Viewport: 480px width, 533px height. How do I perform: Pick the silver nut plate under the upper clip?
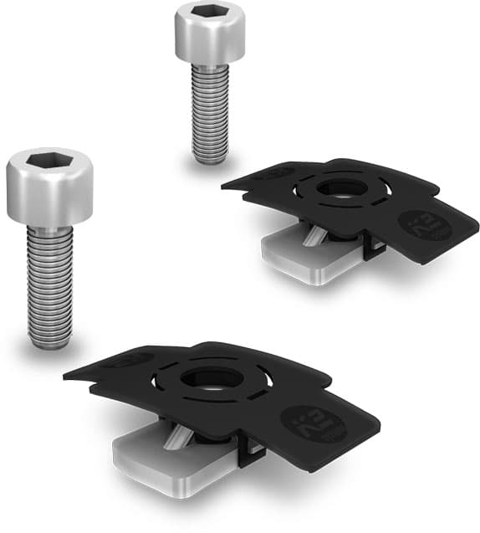(x=301, y=256)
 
